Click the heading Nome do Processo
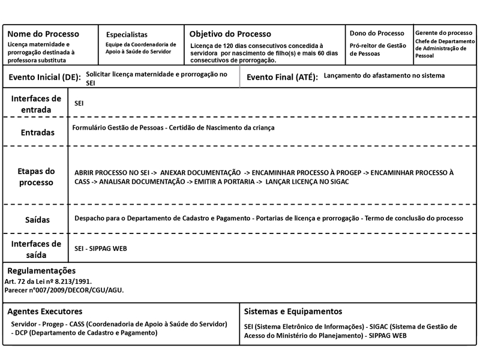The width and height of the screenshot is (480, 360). coord(43,34)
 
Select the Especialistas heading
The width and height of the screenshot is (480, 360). coord(127,34)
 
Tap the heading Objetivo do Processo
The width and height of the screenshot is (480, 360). coord(230,34)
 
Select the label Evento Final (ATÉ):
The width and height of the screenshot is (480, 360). coord(282,77)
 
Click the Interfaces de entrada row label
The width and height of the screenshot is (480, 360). coord(35,103)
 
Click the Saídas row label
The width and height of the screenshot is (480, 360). coord(37,220)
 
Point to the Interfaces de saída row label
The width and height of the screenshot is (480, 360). coord(35,248)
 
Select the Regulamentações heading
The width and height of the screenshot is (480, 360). coord(41,271)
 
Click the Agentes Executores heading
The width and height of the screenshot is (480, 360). coord(45,311)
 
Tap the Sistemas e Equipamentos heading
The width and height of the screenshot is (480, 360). coord(293,311)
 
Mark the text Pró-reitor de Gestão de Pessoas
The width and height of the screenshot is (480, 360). coord(378,50)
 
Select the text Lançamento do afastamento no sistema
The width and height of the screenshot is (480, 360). coord(383,76)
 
